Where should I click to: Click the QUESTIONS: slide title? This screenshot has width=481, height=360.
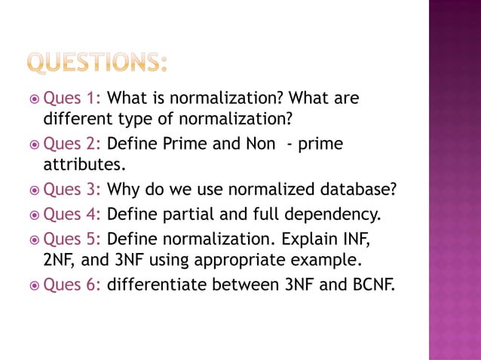[x=97, y=63]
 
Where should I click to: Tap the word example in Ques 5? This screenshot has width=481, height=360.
[x=332, y=261]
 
